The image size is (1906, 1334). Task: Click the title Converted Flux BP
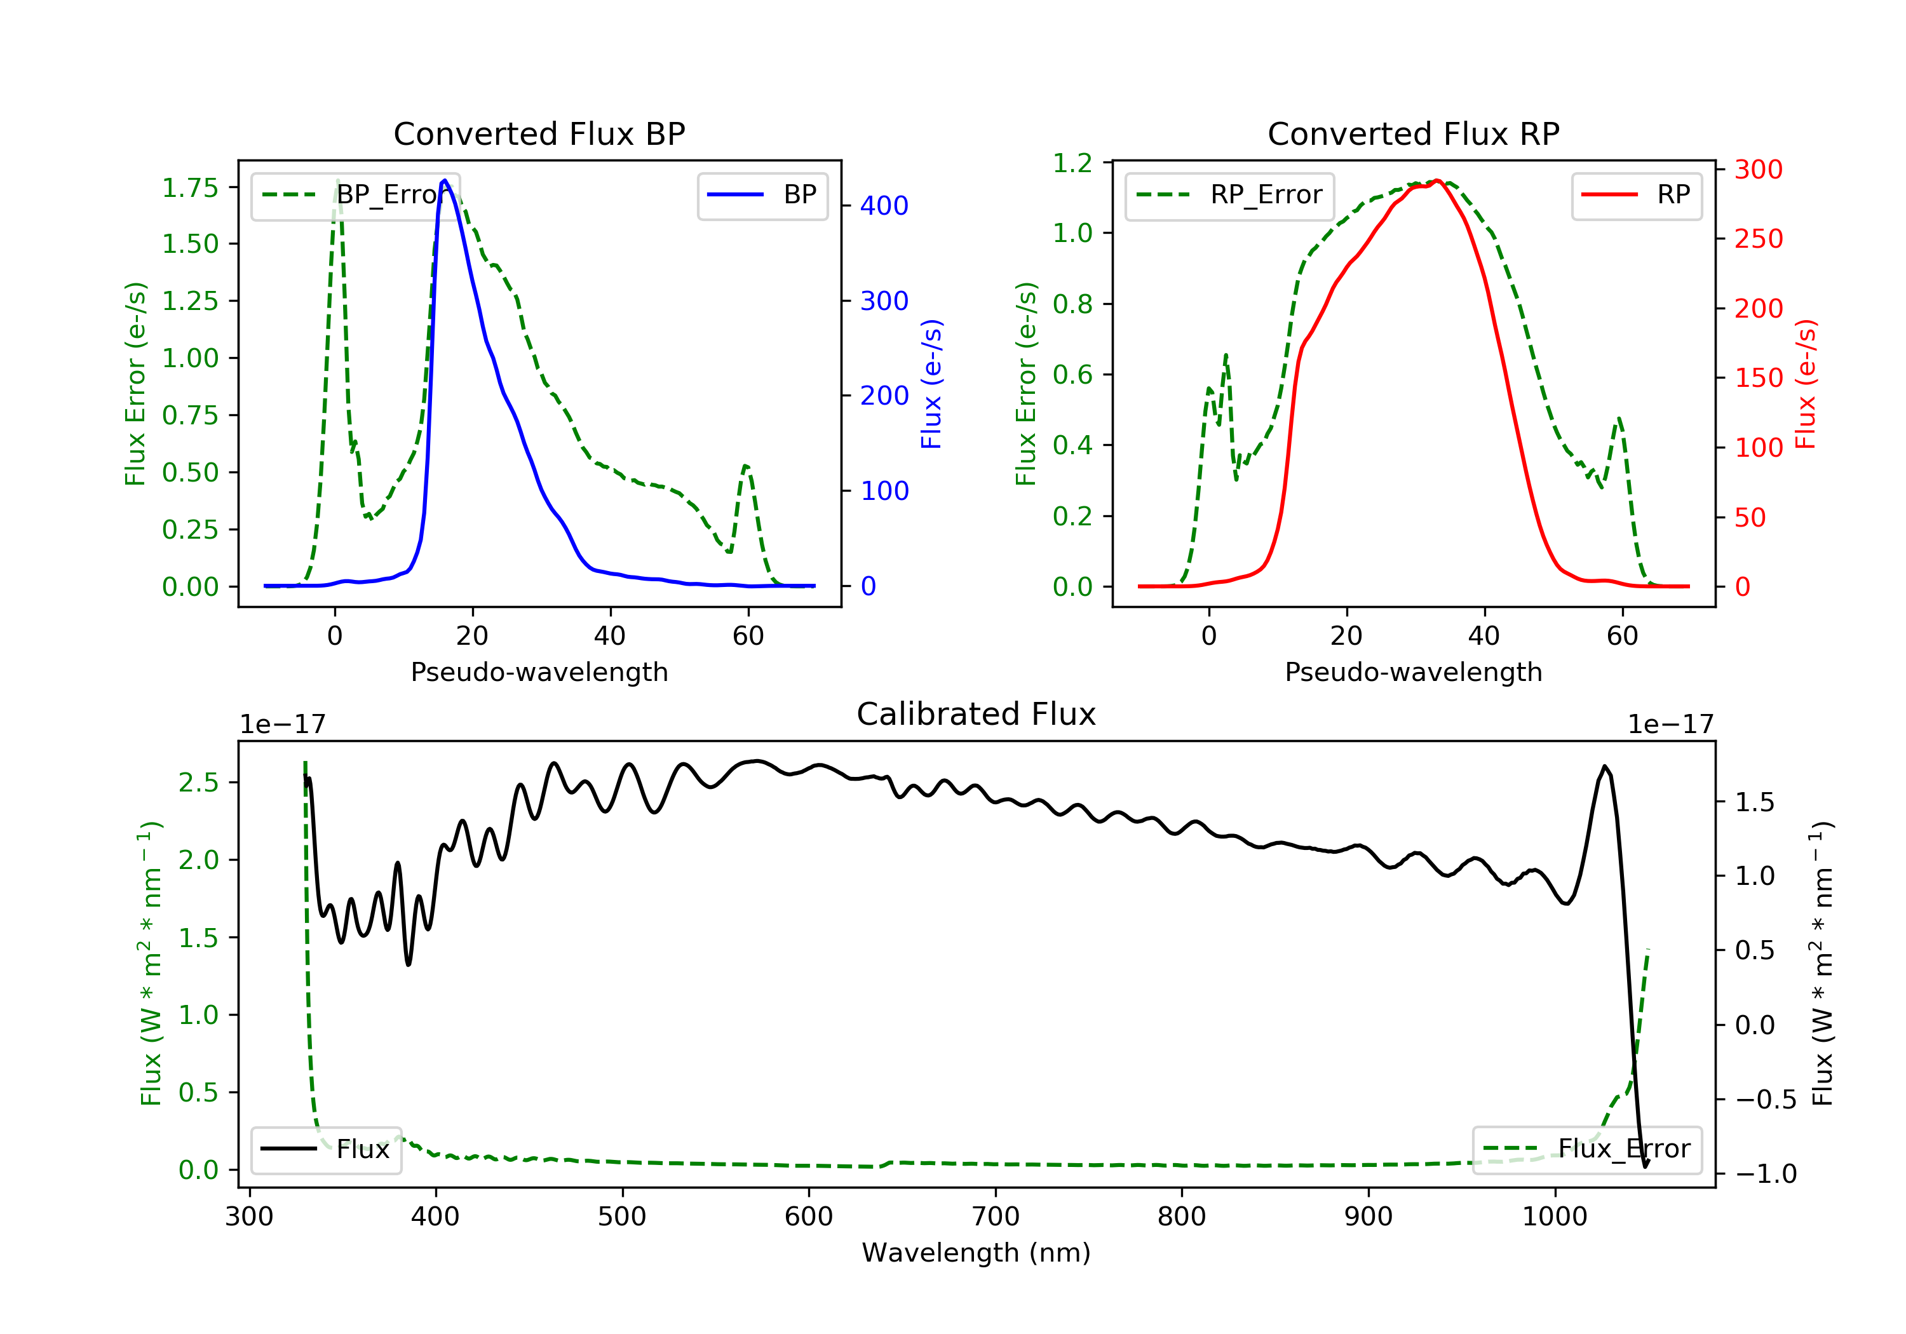pyautogui.click(x=539, y=133)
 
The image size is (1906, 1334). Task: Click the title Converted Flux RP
pyautogui.click(x=1413, y=133)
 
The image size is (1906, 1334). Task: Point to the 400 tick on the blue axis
pyautogui.click(x=883, y=206)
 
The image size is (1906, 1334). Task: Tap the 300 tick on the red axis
pyautogui.click(x=1758, y=170)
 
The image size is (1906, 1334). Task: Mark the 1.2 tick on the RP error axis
pyautogui.click(x=1072, y=163)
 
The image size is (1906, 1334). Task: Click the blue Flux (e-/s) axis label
pyautogui.click(x=931, y=384)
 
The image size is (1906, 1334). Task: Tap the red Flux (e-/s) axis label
pyautogui.click(x=1806, y=384)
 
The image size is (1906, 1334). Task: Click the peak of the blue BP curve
pyautogui.click(x=445, y=180)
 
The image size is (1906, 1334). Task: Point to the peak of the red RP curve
pyautogui.click(x=1437, y=180)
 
